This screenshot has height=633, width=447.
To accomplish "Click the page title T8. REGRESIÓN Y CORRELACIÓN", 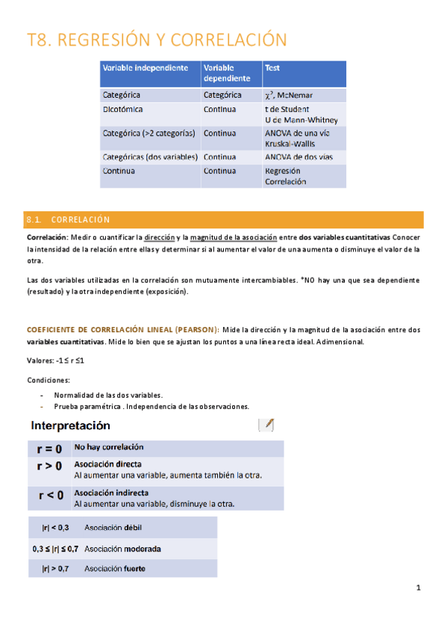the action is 156,40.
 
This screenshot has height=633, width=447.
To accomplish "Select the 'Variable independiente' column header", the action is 145,67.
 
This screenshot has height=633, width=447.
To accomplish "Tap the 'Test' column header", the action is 272,67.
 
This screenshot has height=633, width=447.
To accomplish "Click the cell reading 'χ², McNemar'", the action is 289,95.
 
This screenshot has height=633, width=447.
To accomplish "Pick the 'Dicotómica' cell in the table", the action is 123,109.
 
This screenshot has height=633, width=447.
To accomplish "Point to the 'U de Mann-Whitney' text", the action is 301,119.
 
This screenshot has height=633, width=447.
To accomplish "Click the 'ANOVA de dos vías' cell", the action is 298,157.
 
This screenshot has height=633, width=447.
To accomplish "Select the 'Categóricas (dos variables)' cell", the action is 150,157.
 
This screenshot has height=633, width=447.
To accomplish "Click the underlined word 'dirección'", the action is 160,237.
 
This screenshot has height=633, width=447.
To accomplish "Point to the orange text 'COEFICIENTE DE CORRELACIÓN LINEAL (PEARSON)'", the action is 122,329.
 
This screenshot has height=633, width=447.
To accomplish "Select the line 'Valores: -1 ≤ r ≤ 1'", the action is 54,360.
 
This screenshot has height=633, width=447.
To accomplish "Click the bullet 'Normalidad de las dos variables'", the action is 108,394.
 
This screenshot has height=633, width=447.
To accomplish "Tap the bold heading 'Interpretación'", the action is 71,425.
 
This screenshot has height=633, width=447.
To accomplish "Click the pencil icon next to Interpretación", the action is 266,425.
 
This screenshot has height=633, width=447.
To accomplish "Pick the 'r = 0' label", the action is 50,449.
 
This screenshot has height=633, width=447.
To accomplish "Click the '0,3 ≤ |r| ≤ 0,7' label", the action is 55,549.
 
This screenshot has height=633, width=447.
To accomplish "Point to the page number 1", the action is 419,587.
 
